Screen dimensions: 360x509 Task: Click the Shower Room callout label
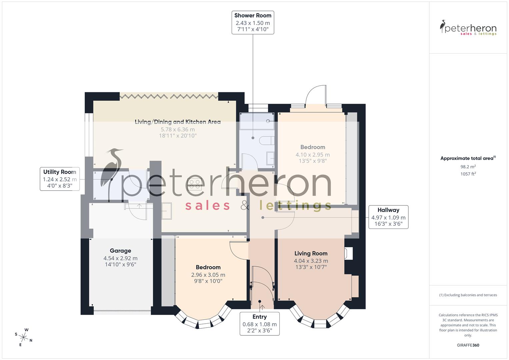(253, 23)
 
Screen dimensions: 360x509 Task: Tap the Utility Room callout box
(60, 179)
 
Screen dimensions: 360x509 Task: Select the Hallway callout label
(388, 217)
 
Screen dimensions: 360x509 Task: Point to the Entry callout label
(259, 324)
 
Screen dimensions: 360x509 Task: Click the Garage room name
(120, 251)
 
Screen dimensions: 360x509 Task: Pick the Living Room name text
(311, 253)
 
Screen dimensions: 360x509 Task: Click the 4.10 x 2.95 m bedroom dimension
(312, 155)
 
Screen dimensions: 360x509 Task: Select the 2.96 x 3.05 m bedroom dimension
(208, 275)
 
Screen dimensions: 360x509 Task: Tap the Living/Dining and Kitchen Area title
(177, 122)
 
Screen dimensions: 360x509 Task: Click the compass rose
(23, 337)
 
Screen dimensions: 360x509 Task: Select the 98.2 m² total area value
(468, 167)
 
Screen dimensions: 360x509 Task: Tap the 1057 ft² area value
(468, 174)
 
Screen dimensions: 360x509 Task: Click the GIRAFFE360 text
(468, 345)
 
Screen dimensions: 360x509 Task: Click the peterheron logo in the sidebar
(468, 28)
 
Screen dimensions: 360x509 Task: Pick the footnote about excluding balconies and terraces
(468, 295)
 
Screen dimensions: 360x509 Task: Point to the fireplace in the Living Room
(349, 253)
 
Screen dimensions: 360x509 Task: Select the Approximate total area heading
(468, 158)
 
